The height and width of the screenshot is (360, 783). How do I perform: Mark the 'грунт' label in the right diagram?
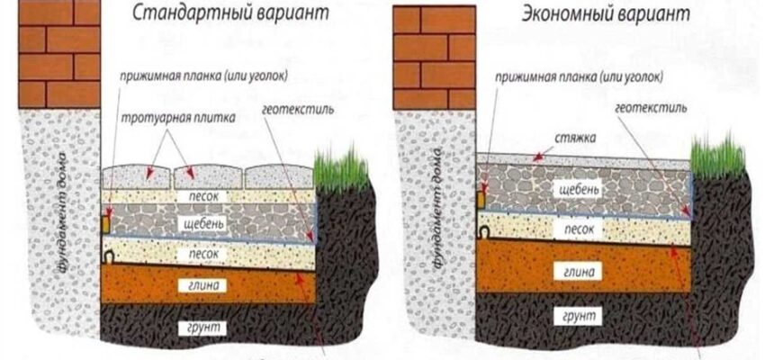coord(576,316)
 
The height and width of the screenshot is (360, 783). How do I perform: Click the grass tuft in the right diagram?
coord(718,153)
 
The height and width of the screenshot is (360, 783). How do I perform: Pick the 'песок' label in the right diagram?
coord(575,229)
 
